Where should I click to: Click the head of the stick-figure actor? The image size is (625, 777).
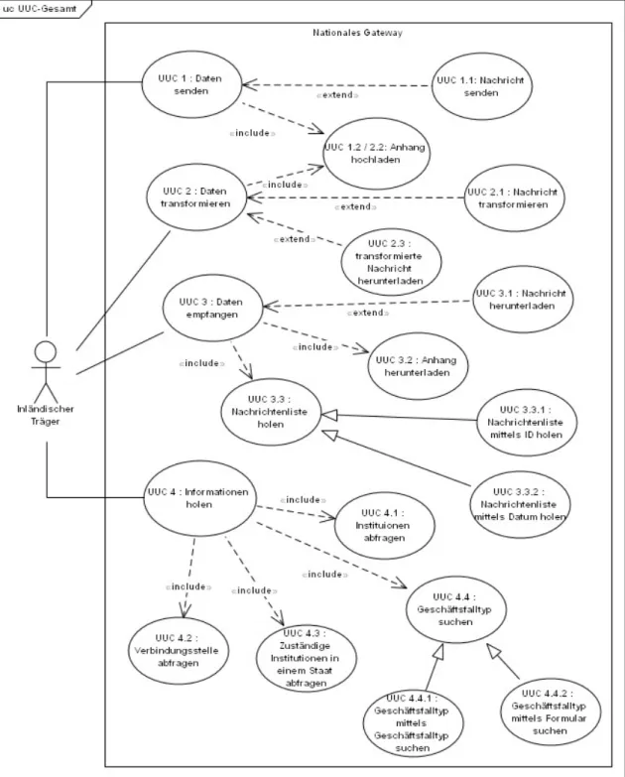tap(46, 352)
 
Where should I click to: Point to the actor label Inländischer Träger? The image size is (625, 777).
tap(46, 415)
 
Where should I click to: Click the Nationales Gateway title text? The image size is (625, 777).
tap(357, 33)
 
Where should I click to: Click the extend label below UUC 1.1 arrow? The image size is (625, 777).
tap(337, 94)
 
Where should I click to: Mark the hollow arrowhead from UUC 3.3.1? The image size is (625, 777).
tap(329, 415)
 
